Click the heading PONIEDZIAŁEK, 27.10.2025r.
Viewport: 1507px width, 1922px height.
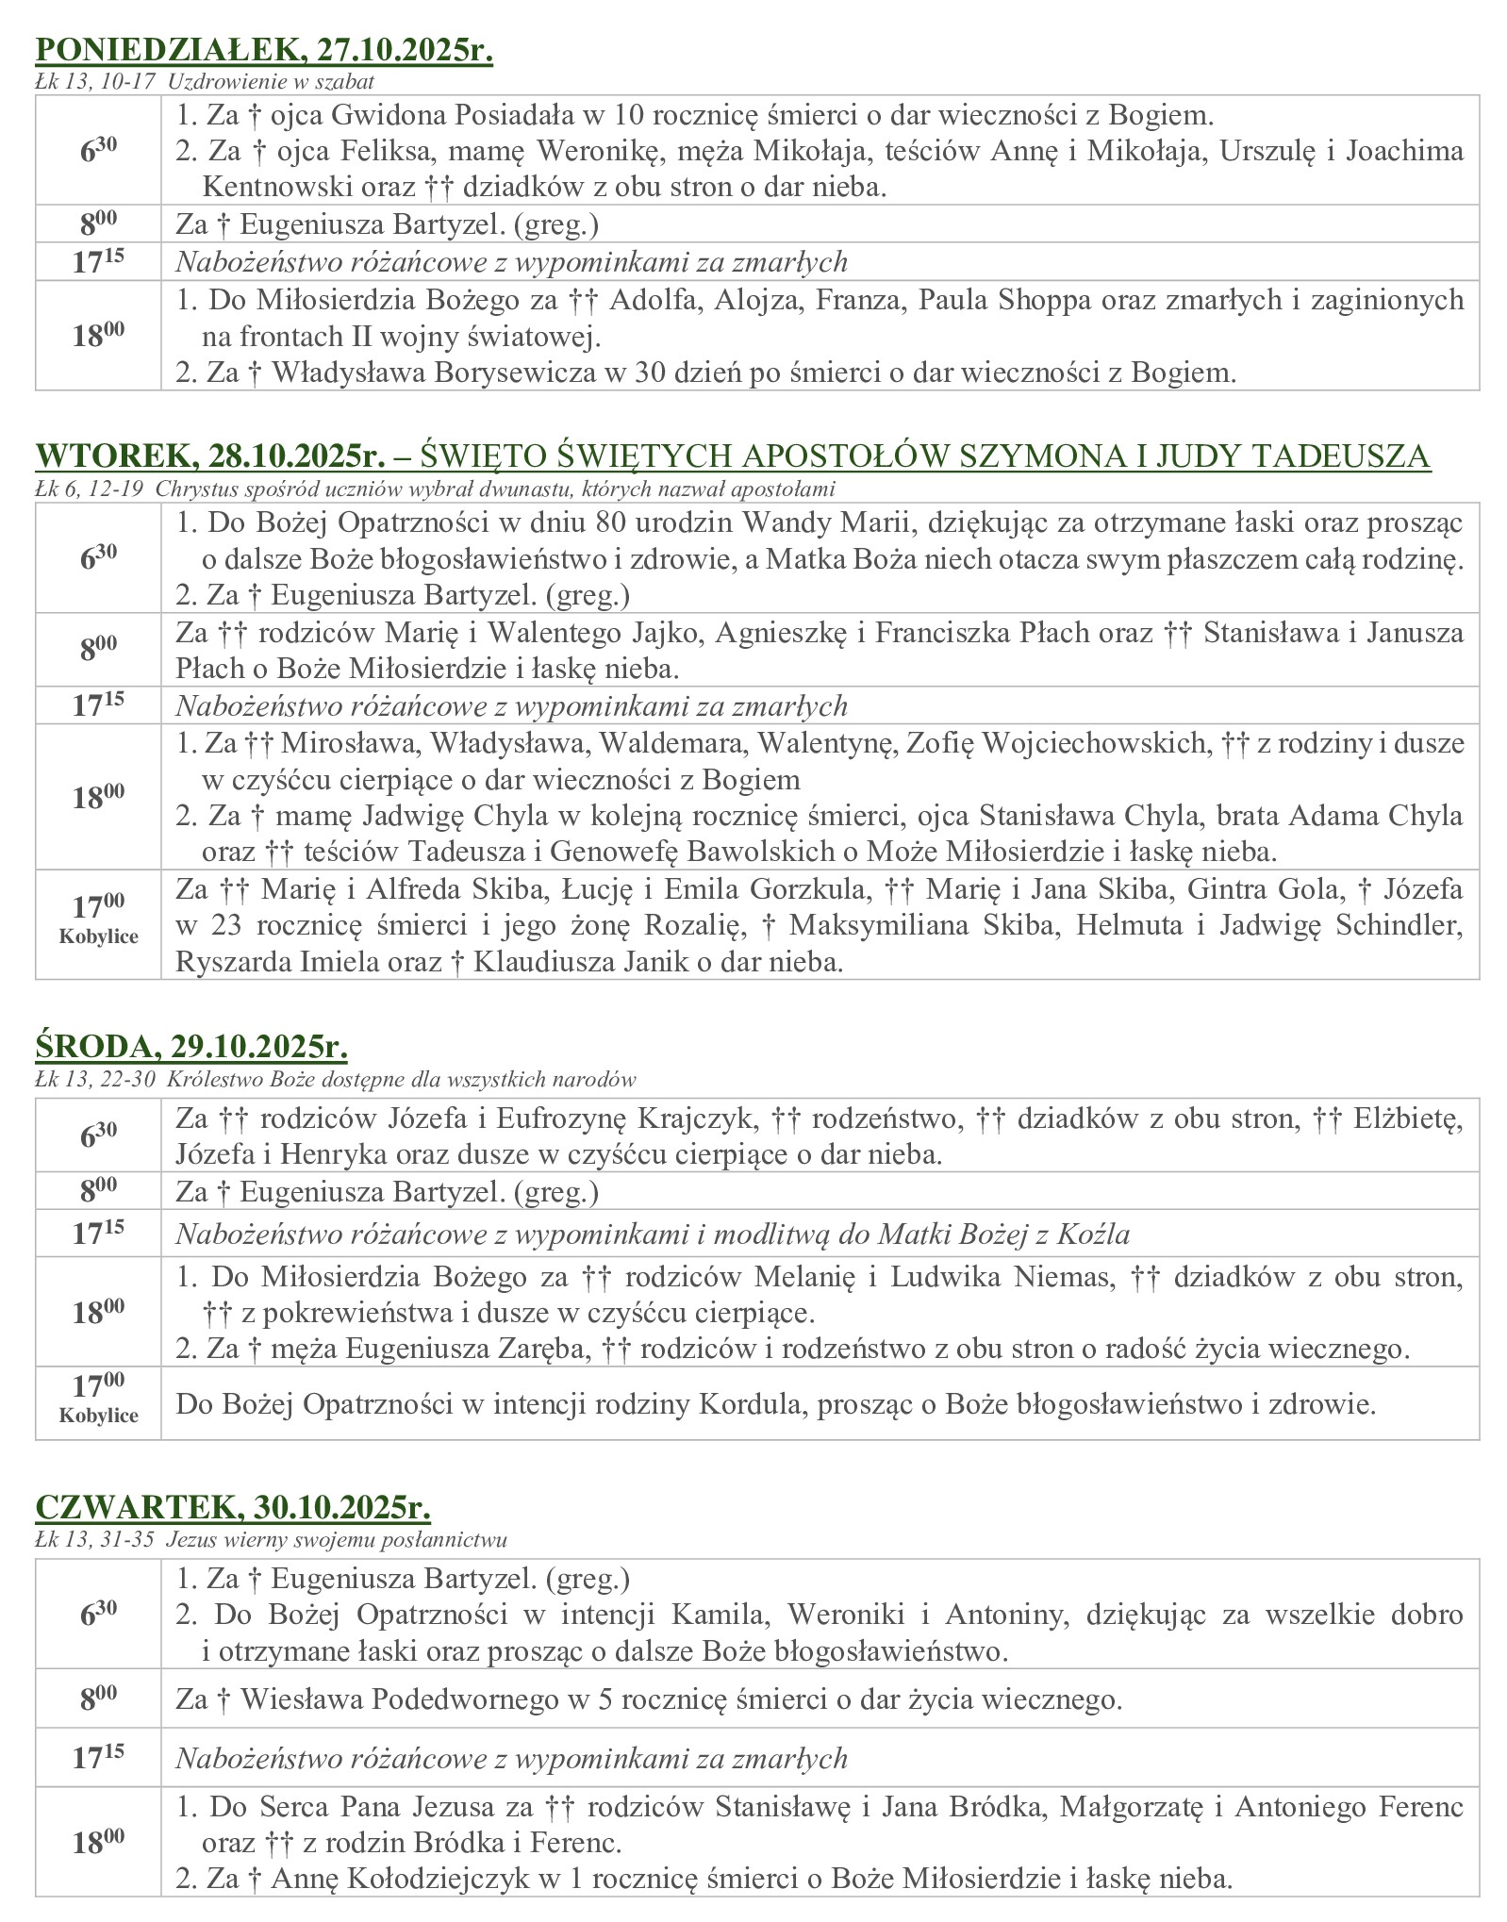pyautogui.click(x=264, y=51)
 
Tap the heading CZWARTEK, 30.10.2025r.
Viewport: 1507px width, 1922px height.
pyautogui.click(x=233, y=1507)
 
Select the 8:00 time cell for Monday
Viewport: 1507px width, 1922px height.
pyautogui.click(x=98, y=224)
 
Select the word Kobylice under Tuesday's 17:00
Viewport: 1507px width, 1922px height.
pyautogui.click(x=98, y=936)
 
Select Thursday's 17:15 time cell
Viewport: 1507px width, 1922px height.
pyautogui.click(x=98, y=1757)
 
